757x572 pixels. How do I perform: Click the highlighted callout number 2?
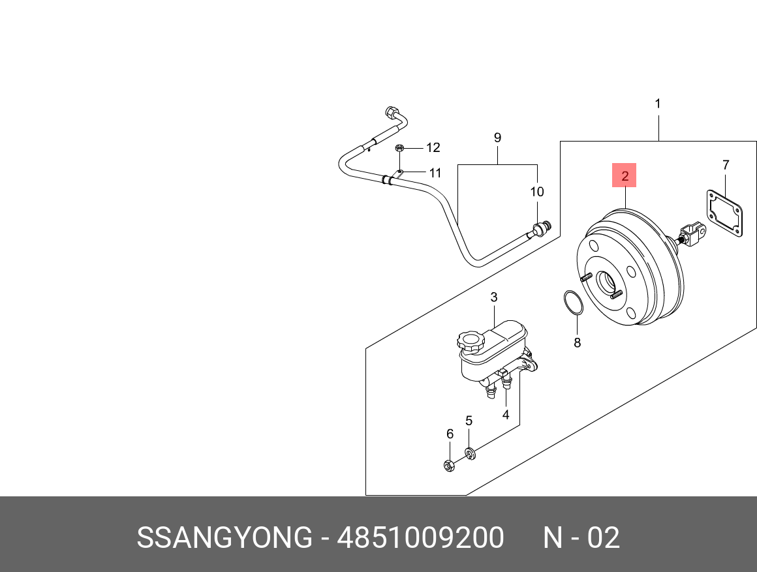[x=625, y=175]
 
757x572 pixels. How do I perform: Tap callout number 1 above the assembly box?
[x=658, y=104]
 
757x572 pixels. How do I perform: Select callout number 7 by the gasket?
[x=725, y=165]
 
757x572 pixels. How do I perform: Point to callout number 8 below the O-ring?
[x=577, y=342]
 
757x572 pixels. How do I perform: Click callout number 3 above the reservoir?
[x=494, y=297]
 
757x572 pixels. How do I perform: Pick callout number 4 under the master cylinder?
[x=505, y=414]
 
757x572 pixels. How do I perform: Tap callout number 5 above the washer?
[x=469, y=421]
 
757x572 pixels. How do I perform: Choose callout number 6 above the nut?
[x=450, y=434]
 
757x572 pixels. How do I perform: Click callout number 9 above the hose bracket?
[x=497, y=138]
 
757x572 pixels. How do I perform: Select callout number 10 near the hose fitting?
[x=536, y=192]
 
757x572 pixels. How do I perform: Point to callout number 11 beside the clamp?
[x=435, y=173]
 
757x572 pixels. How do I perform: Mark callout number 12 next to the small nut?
[x=433, y=148]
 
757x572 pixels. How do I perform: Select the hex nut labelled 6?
[x=449, y=465]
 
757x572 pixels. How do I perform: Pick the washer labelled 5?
[x=471, y=453]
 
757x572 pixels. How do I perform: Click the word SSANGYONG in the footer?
[x=224, y=539]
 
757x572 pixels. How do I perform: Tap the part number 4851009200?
[x=420, y=539]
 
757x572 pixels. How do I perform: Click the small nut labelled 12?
[x=400, y=148]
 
